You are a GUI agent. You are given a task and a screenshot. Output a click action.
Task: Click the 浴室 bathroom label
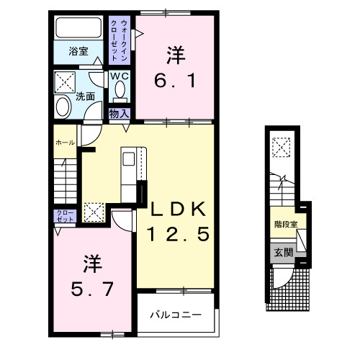(x=78, y=51)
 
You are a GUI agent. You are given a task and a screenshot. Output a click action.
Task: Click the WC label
(x=119, y=76)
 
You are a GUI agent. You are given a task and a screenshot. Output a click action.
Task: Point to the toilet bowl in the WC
(x=119, y=91)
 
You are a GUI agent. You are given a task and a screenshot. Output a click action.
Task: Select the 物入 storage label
(x=119, y=113)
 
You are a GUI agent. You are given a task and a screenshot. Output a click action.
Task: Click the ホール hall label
(x=65, y=143)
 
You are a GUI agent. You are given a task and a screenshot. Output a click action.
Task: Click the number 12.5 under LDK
(x=180, y=233)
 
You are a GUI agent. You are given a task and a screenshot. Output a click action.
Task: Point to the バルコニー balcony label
(x=176, y=315)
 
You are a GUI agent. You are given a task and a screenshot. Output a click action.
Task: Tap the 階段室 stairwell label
(x=285, y=224)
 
